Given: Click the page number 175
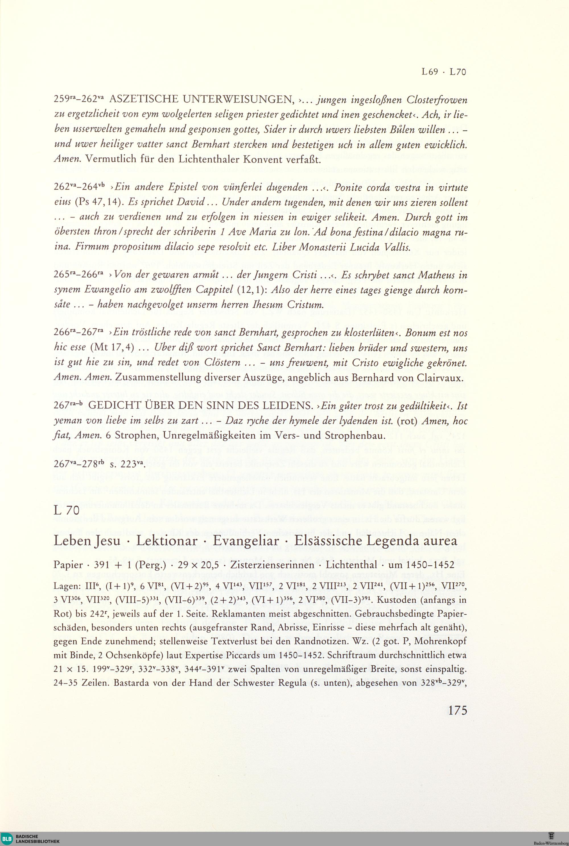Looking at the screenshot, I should click(457, 710).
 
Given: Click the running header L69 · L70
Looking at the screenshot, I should click(444, 72).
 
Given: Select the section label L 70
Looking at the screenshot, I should click(66, 510).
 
